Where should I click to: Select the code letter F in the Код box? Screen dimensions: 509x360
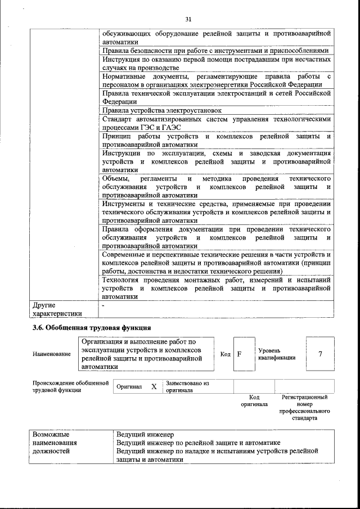point(239,354)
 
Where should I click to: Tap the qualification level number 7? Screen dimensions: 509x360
point(320,354)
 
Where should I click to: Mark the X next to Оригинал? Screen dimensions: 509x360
point(154,387)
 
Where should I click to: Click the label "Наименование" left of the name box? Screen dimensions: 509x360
point(52,354)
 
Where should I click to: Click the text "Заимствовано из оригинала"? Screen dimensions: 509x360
point(187,386)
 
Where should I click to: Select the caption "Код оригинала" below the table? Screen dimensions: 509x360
point(254,400)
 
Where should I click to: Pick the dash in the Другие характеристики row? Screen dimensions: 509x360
point(103,305)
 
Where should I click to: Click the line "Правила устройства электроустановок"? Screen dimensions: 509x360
point(162,110)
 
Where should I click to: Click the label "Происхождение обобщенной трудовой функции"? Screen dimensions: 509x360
point(70,386)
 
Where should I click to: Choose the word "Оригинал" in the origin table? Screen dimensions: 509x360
point(129,387)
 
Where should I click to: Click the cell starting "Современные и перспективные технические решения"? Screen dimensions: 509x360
point(215,262)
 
